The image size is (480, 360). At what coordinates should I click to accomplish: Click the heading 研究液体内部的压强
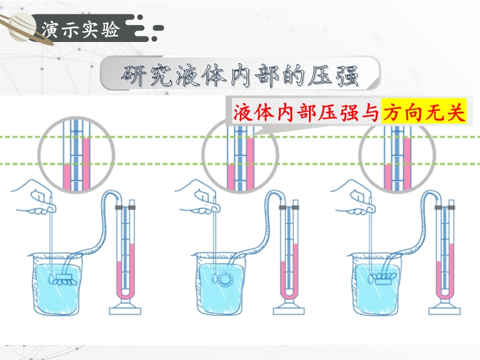point(240,74)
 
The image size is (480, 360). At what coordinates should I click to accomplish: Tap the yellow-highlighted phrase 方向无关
point(424,112)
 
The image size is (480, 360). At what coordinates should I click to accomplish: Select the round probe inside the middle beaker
point(227,279)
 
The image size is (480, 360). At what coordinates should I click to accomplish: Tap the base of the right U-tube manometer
point(445,310)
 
